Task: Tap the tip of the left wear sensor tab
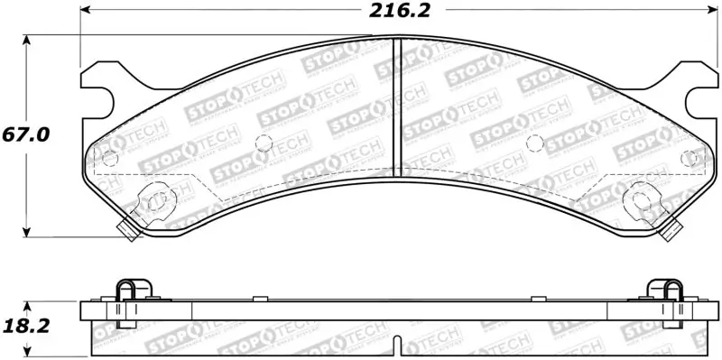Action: [x=130, y=234]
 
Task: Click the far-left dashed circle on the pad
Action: [x=110, y=159]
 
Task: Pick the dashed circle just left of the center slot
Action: [x=264, y=143]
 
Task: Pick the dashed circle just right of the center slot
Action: [x=533, y=143]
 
